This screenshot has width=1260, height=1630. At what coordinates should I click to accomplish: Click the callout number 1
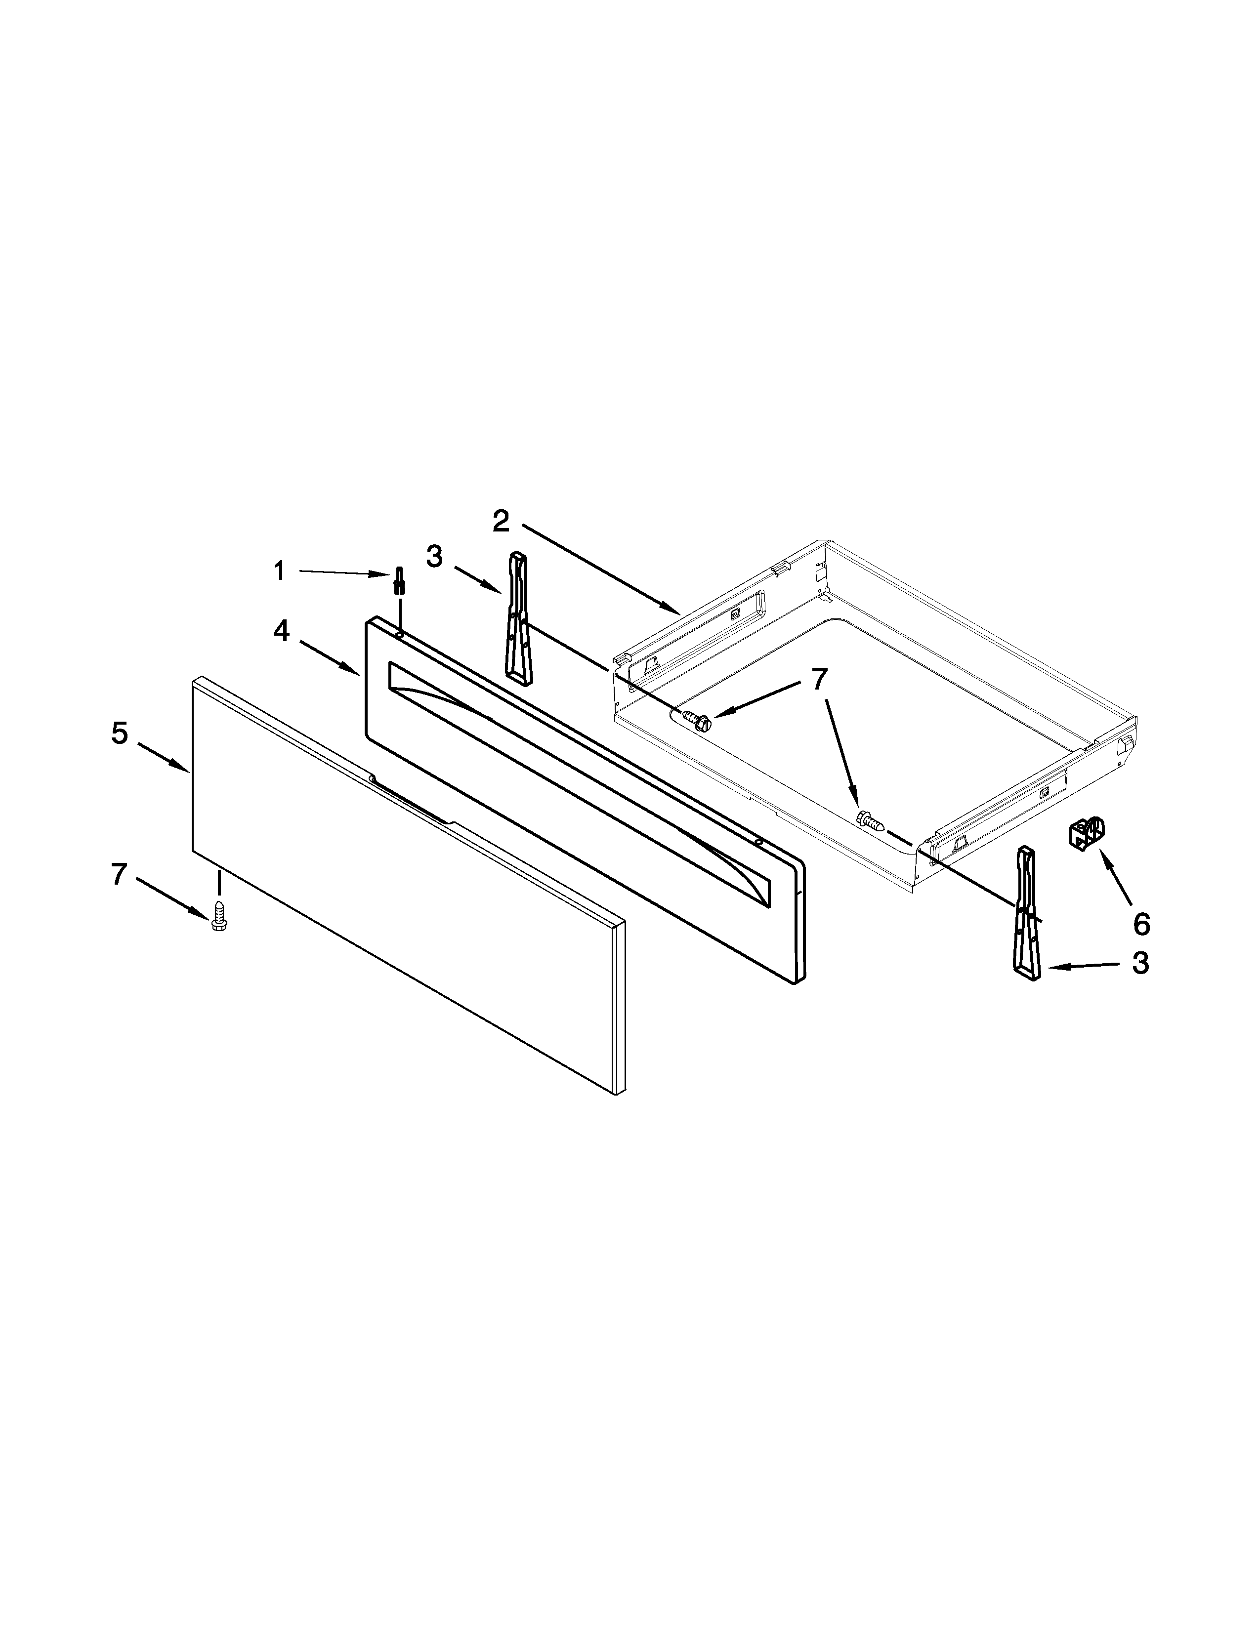pos(279,571)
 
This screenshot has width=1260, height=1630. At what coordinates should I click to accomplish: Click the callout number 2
pos(501,521)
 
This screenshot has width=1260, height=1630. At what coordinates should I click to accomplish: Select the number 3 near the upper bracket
pos(434,556)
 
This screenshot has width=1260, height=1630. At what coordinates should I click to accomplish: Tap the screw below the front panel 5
pos(219,916)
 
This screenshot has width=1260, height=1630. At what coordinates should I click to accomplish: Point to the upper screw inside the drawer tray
pos(694,721)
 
